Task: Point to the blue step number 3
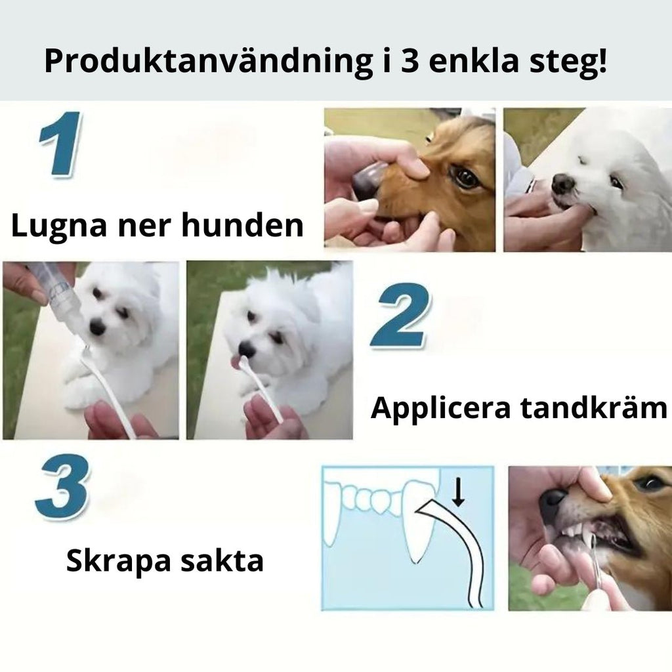(62, 486)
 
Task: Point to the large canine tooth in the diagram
(417, 518)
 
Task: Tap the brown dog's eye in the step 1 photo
(464, 177)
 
